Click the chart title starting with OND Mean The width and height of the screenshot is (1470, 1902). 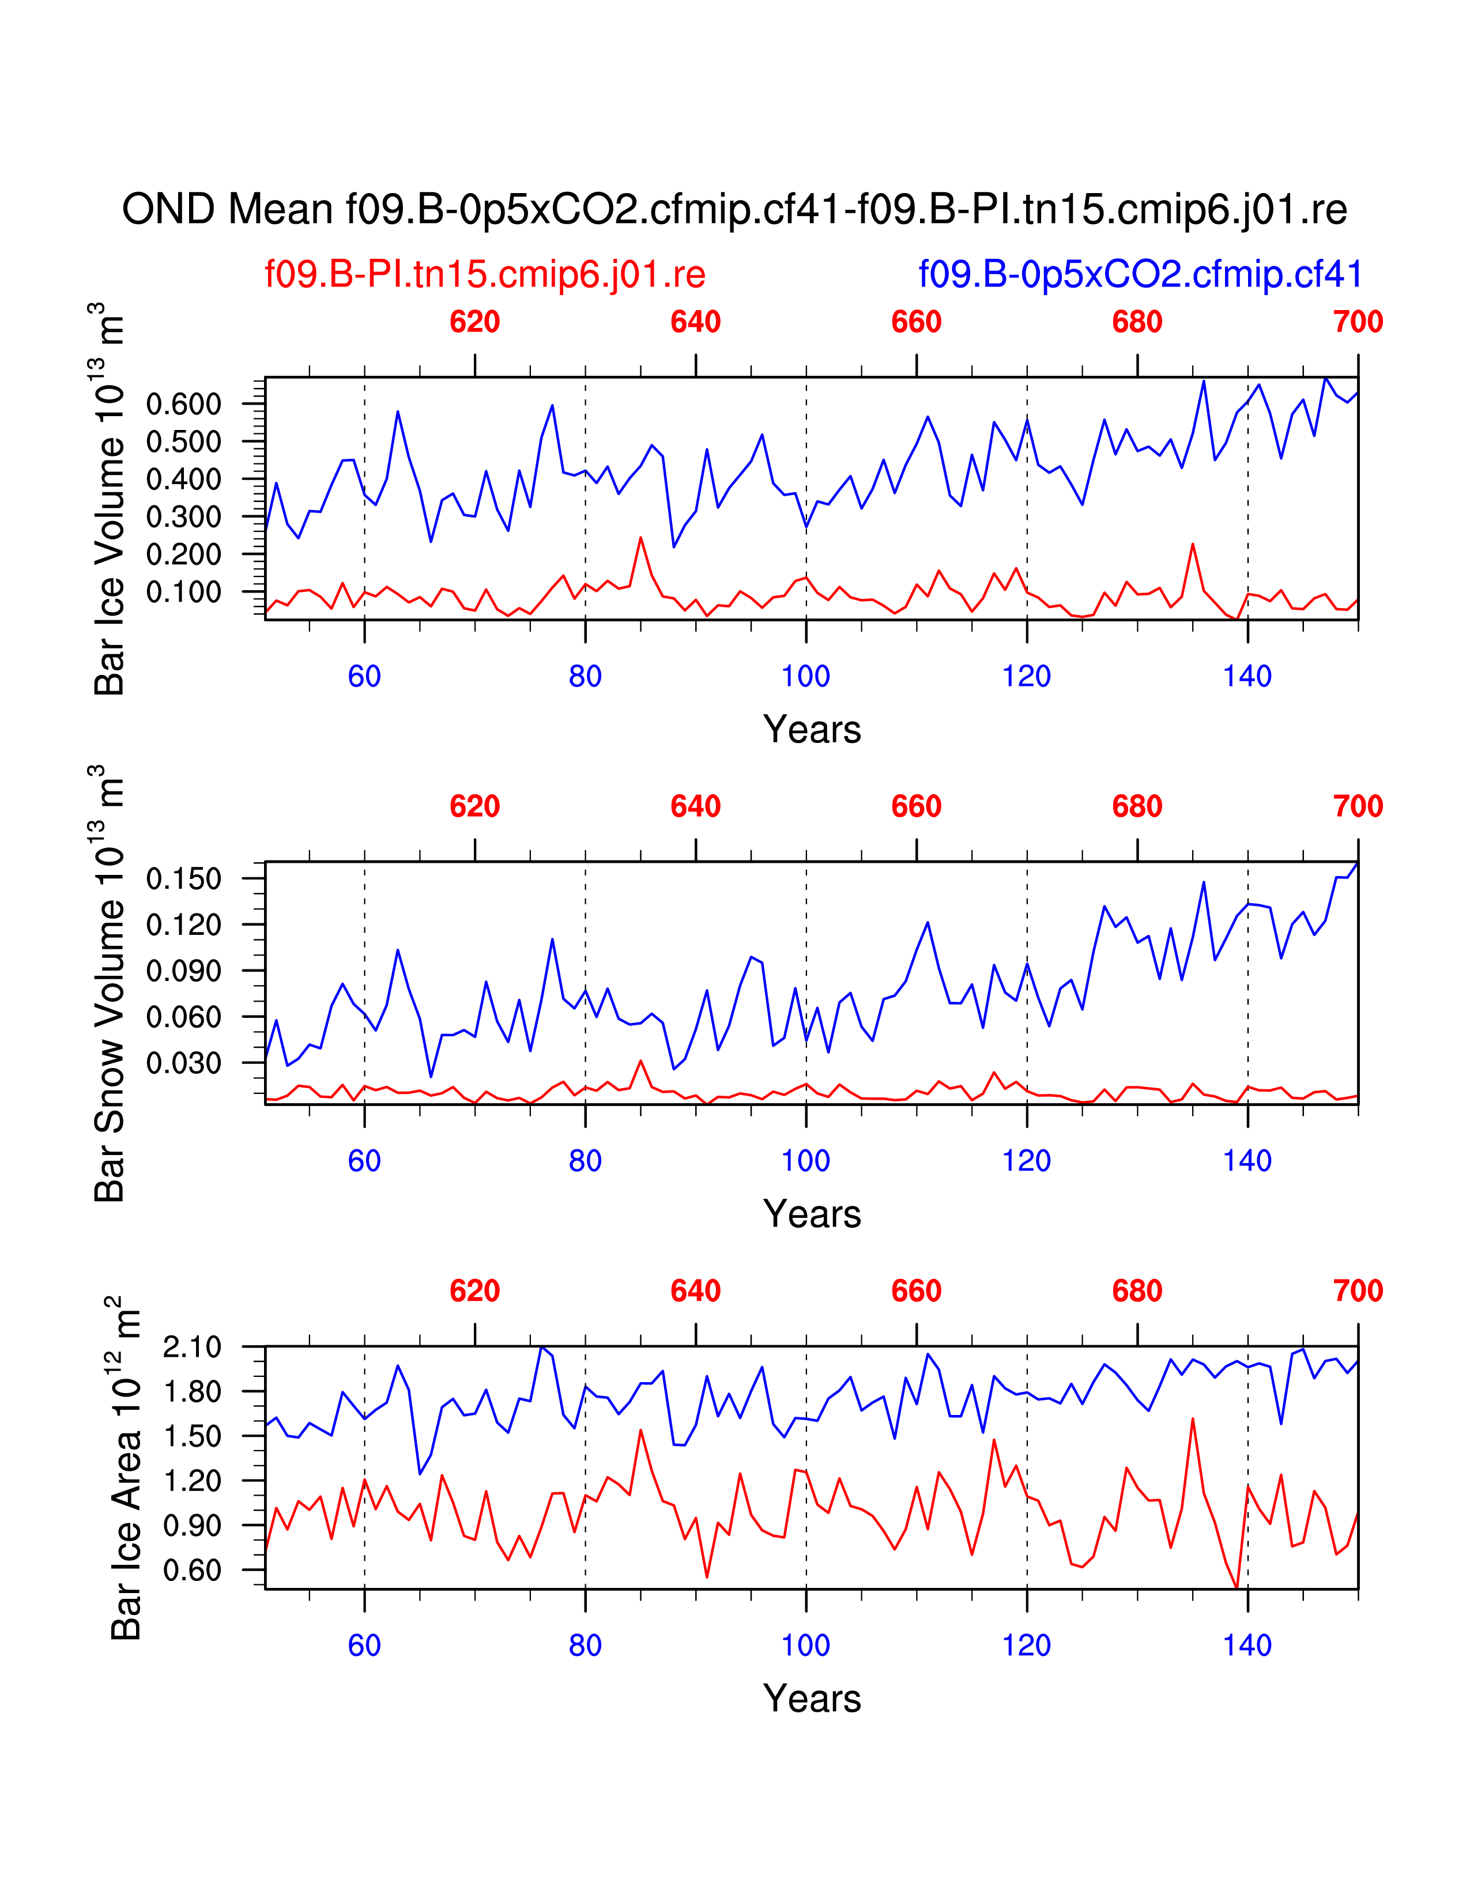pos(734,210)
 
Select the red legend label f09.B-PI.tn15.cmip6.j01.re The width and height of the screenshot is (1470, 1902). pos(485,274)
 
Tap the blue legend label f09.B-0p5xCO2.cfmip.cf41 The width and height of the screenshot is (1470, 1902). pos(1140,274)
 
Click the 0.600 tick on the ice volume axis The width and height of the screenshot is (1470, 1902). pos(184,404)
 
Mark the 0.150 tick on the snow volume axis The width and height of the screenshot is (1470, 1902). pos(184,879)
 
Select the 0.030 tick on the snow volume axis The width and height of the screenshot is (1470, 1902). pos(184,1062)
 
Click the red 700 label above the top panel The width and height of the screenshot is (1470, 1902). pos(1358,322)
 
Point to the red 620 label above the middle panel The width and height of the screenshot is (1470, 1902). pos(474,806)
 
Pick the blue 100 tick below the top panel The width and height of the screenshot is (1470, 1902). pos(805,677)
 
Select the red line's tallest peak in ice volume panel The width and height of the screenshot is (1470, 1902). pos(641,538)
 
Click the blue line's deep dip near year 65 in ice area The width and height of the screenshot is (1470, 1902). pos(421,1474)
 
